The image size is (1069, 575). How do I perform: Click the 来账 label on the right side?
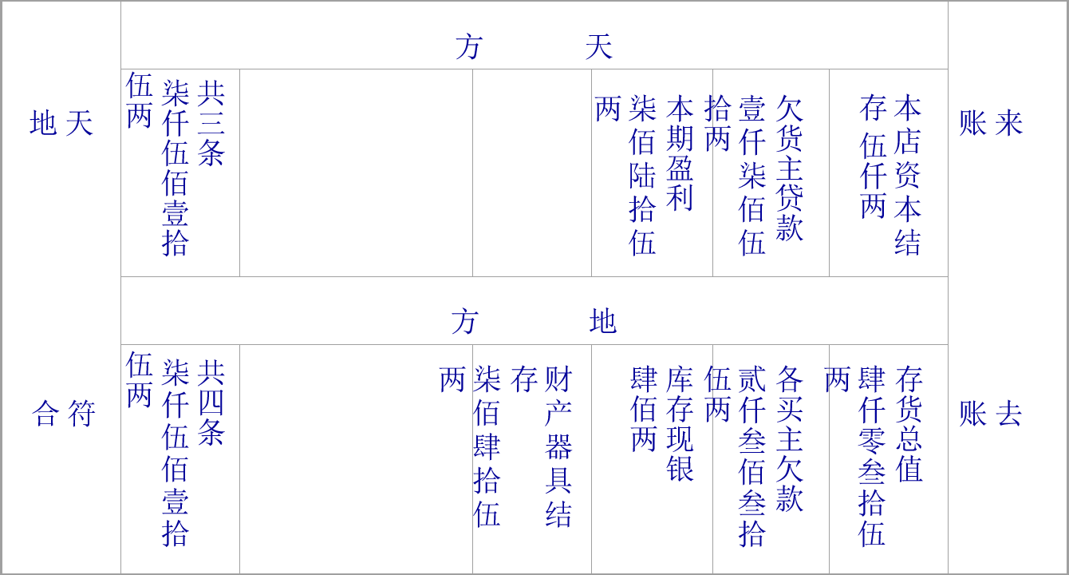coord(990,124)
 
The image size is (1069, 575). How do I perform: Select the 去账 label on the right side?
coord(990,414)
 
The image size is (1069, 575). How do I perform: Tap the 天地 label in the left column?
coord(61,124)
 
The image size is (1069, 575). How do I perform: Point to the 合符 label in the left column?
coord(64,414)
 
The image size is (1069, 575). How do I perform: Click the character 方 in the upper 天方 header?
coord(469,48)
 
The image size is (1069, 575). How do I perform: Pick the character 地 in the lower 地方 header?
coord(603,323)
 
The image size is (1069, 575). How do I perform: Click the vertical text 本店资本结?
coord(907,175)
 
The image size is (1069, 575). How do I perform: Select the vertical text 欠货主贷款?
coord(789,169)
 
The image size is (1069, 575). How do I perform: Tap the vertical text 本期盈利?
coord(680,153)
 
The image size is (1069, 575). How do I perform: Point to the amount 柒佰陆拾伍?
coord(642,175)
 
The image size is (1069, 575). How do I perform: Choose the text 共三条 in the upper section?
coord(211,123)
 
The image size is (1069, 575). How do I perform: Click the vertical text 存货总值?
coord(909,424)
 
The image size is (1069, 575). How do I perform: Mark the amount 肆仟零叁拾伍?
coord(872,456)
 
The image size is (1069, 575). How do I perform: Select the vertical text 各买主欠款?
coord(790,438)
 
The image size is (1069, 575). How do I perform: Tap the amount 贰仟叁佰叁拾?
coord(751,456)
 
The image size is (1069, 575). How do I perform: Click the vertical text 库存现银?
coord(680,423)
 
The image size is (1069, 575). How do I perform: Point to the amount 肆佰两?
coord(644,409)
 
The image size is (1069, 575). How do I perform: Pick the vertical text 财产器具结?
coord(558,446)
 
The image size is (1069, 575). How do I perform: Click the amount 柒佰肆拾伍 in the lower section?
coord(487,446)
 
